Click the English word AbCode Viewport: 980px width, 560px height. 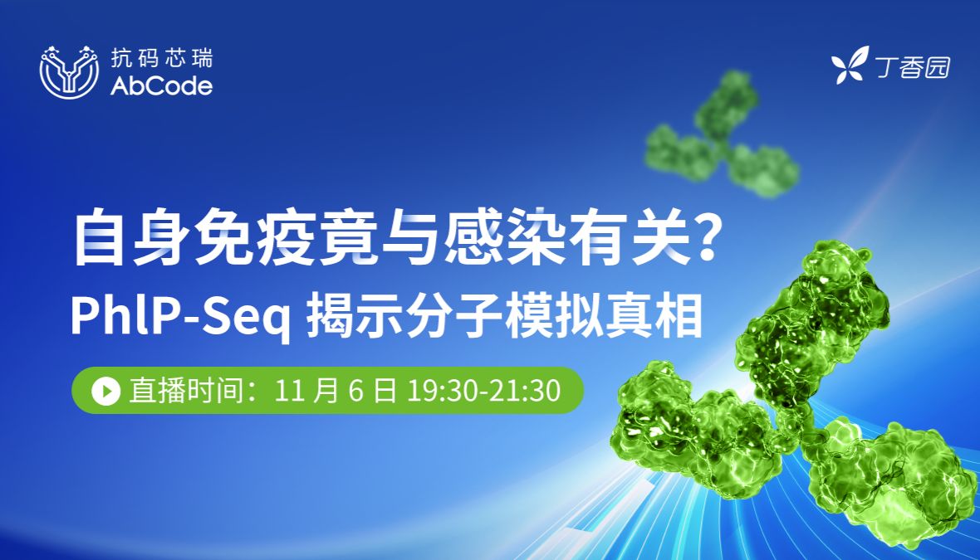click(x=161, y=86)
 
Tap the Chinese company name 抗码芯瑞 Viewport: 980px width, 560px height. click(x=161, y=58)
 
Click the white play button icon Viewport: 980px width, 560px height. click(x=105, y=390)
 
